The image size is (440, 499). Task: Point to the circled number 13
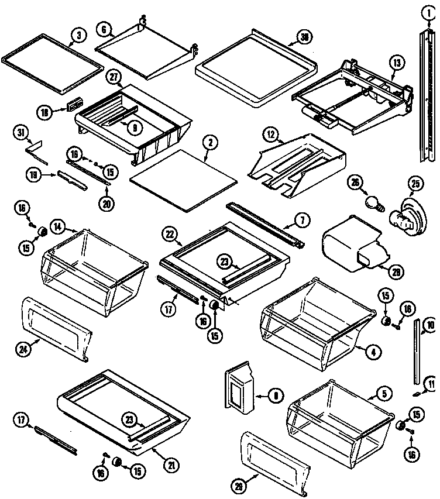(x=397, y=62)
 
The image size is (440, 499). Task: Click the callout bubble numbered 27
(x=114, y=76)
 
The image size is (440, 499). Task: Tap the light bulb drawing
(x=373, y=203)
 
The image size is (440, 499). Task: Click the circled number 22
(x=170, y=233)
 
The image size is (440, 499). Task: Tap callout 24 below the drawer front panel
(x=23, y=350)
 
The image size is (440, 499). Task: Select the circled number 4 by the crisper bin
(x=373, y=352)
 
